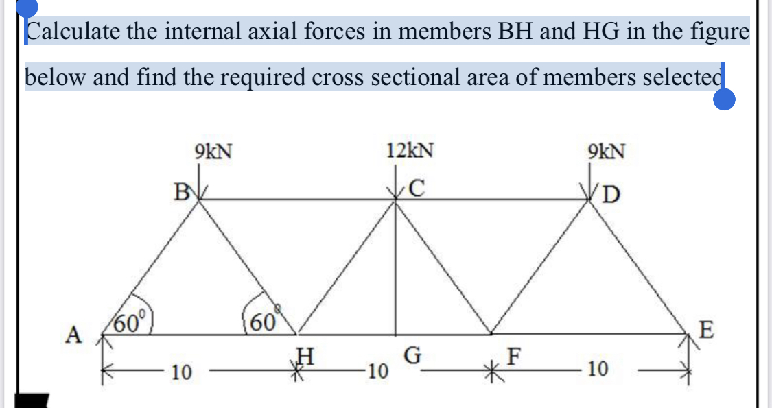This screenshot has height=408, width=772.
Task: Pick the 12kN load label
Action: (410, 150)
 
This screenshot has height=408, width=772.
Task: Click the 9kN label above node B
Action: (213, 150)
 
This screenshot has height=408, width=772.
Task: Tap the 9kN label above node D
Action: (606, 150)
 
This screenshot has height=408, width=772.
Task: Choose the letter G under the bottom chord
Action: (412, 356)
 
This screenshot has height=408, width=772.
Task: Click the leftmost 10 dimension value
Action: (182, 372)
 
